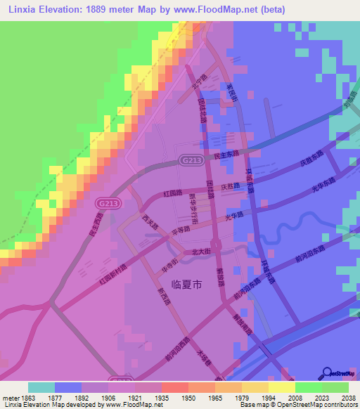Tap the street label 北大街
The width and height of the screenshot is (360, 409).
(x=202, y=250)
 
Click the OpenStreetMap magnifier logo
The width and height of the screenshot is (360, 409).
(x=326, y=373)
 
